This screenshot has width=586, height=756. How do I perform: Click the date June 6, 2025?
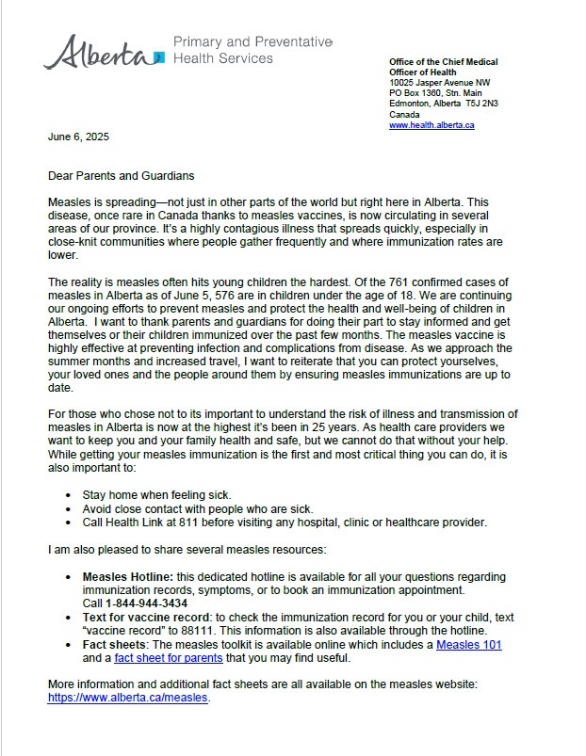tap(78, 137)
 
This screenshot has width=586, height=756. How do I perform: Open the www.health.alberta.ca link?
tap(431, 125)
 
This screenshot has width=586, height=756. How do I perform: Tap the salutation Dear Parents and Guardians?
tap(122, 175)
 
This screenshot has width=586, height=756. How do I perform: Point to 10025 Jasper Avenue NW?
tap(439, 83)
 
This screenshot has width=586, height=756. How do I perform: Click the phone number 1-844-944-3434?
tap(147, 603)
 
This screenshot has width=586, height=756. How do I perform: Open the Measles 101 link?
tap(468, 645)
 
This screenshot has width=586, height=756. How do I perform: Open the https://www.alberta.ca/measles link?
tap(127, 699)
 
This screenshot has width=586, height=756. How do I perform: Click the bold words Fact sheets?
tap(114, 645)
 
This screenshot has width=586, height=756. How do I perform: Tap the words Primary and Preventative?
tap(252, 42)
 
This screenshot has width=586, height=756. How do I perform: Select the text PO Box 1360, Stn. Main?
tap(435, 93)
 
